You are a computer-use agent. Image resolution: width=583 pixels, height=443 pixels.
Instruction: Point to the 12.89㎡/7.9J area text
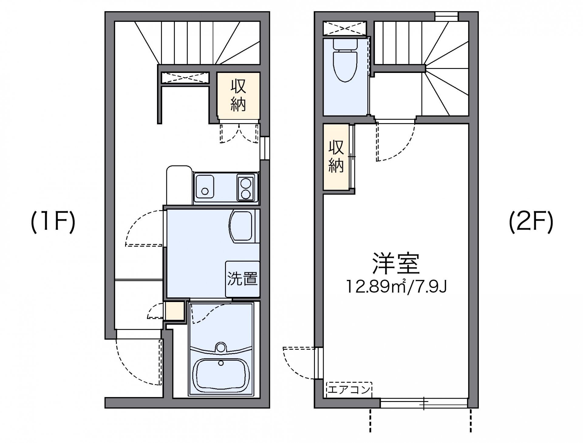click(x=396, y=287)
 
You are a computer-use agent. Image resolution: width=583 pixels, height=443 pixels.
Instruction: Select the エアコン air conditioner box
click(x=349, y=390)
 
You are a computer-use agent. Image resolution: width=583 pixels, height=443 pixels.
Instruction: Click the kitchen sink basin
click(x=205, y=187)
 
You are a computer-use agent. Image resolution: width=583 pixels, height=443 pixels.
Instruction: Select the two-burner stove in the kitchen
click(x=246, y=188)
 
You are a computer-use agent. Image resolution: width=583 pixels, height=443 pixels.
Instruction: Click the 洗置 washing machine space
click(x=242, y=279)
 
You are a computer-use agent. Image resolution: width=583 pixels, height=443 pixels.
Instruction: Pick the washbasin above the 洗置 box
click(x=241, y=226)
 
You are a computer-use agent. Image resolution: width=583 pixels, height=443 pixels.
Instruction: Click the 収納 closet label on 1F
click(x=238, y=95)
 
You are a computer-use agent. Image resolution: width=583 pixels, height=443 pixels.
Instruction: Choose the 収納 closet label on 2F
click(x=336, y=157)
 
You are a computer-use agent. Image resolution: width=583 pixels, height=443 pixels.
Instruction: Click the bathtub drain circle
click(x=221, y=363)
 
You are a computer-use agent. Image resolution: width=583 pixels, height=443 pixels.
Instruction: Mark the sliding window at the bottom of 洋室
click(x=424, y=403)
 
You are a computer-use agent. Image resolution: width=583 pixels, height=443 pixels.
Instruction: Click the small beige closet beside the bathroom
click(x=175, y=311)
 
